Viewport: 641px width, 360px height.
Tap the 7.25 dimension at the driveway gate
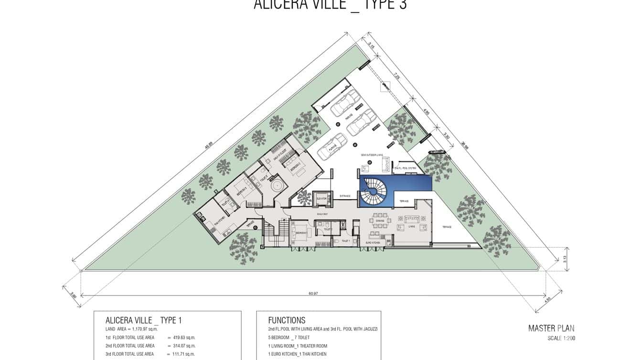pyautogui.click(x=396, y=75)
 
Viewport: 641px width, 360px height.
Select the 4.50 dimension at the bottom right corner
pyautogui.click(x=547, y=300)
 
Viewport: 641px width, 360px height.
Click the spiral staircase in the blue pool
pyautogui.click(x=374, y=191)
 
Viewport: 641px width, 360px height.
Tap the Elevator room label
pyautogui.click(x=321, y=199)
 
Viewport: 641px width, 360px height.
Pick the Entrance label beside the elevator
pyautogui.click(x=345, y=196)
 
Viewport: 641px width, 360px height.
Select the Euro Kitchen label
pyautogui.click(x=373, y=243)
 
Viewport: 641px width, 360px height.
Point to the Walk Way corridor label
pyautogui.click(x=322, y=214)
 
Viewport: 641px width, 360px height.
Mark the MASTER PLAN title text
pyautogui.click(x=551, y=328)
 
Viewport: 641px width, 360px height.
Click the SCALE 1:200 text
pyautogui.click(x=561, y=338)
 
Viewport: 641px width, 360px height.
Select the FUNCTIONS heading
pyautogui.click(x=287, y=320)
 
